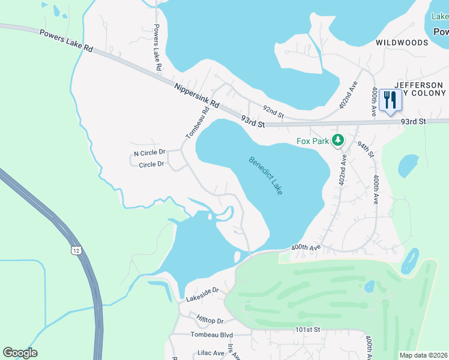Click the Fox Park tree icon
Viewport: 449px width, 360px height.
tap(338, 140)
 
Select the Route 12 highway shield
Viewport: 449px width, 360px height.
tap(75, 249)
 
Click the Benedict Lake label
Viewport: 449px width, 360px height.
tap(266, 175)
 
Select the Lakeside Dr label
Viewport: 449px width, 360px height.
tap(202, 290)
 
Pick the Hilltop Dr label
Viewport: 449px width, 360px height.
tap(209, 321)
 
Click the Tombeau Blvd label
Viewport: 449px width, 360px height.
tap(211, 335)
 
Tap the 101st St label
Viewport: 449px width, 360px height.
tap(308, 330)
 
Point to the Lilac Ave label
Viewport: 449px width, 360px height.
tap(207, 353)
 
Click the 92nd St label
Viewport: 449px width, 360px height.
tap(273, 110)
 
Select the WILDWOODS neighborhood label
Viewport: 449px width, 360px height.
tap(402, 43)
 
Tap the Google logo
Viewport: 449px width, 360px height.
tap(20, 353)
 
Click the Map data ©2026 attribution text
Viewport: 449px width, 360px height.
tap(423, 355)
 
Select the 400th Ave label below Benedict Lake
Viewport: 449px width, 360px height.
tap(307, 247)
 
